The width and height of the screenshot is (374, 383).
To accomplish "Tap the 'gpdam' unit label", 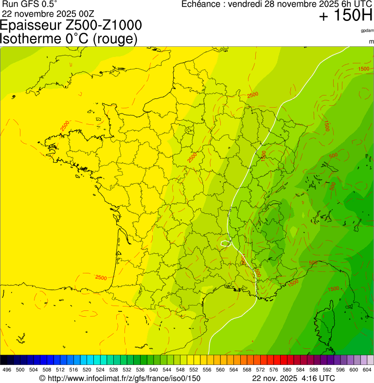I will [367, 30].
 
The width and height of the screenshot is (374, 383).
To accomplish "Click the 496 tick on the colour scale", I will [7, 370].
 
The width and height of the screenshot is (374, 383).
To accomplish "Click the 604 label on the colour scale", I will [367, 370].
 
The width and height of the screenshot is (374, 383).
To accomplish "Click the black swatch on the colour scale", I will [4, 360].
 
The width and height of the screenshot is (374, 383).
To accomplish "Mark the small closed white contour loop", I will [225, 242].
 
